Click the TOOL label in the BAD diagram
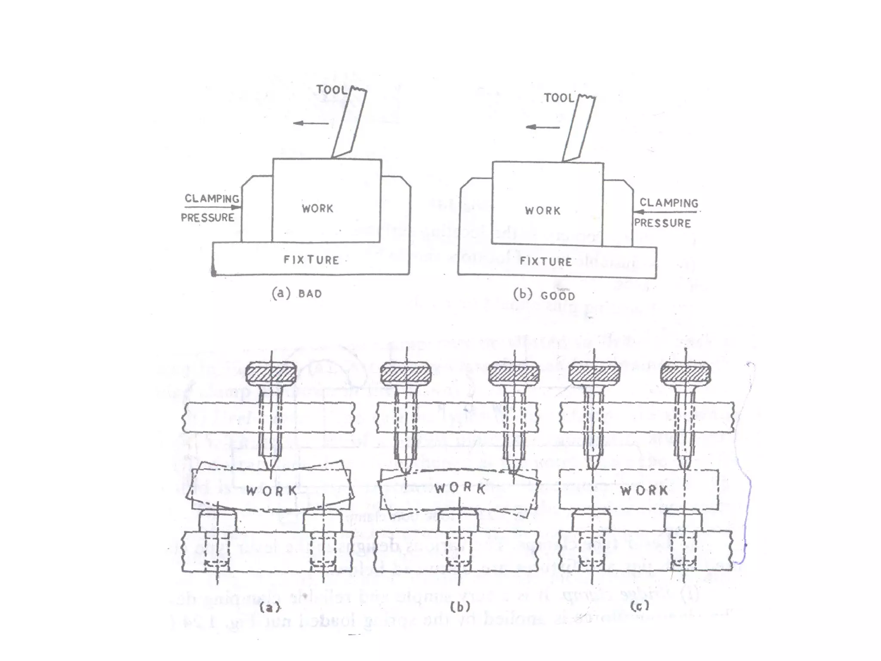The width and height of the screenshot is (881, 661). click(331, 90)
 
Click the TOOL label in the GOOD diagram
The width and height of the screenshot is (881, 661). click(559, 98)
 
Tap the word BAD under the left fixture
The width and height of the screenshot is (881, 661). click(310, 294)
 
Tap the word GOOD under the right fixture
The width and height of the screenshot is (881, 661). click(558, 296)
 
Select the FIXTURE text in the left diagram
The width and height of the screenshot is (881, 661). click(311, 259)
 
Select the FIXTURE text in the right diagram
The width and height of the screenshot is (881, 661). click(546, 261)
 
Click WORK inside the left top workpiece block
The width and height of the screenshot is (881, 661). click(317, 208)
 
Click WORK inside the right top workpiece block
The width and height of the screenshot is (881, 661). click(543, 210)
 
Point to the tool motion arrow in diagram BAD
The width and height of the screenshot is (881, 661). click(311, 124)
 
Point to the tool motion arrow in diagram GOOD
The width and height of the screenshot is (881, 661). click(542, 127)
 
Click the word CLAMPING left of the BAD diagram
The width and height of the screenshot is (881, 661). click(212, 198)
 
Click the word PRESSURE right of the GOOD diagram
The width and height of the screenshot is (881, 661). click(662, 223)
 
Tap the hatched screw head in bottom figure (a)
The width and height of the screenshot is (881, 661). click(271, 374)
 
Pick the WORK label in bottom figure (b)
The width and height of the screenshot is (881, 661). click(460, 488)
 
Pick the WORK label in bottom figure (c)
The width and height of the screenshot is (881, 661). click(644, 490)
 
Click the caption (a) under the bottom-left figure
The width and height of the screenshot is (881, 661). click(270, 607)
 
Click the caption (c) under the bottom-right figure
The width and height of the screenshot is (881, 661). click(639, 606)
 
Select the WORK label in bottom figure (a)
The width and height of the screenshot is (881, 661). click(271, 490)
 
